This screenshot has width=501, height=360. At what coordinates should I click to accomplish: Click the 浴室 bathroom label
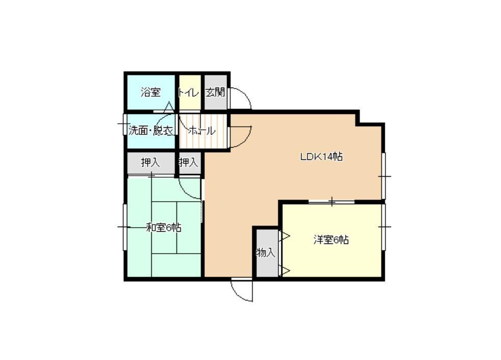[x=150, y=93]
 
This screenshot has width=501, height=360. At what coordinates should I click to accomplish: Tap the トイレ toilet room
[x=190, y=93]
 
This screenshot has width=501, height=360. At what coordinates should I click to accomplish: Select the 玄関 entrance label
[x=215, y=93]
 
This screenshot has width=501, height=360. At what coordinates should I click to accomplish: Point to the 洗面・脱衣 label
[x=151, y=130]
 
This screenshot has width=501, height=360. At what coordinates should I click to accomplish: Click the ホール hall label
[x=202, y=130]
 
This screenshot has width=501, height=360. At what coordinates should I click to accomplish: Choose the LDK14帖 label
[x=321, y=157]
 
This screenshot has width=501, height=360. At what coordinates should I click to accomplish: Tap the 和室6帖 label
[x=164, y=228]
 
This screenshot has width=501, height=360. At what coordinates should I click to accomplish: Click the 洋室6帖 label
[x=331, y=240]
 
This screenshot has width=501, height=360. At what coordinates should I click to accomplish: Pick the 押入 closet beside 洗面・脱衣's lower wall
[x=151, y=163]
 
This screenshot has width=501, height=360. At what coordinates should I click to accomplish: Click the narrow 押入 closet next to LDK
[x=190, y=163]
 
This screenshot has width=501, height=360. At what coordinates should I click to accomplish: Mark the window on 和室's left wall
[x=124, y=227]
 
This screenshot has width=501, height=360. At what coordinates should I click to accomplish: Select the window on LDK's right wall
[x=384, y=176]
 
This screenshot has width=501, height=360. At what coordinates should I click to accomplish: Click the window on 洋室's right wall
[x=384, y=227]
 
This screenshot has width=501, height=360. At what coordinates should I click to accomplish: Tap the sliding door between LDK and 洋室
[x=332, y=202]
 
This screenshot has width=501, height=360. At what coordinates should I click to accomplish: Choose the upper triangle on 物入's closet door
[x=285, y=236]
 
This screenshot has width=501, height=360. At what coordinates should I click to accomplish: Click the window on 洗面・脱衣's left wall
[x=124, y=124]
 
